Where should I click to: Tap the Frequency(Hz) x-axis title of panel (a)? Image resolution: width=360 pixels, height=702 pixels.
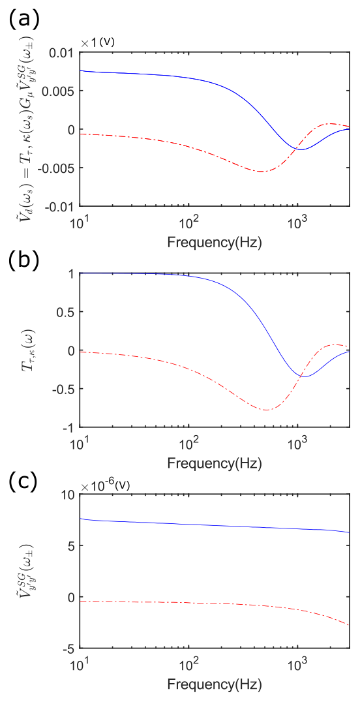coord(215,243)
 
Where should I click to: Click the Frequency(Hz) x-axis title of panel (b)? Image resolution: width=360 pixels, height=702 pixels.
coord(215,463)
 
